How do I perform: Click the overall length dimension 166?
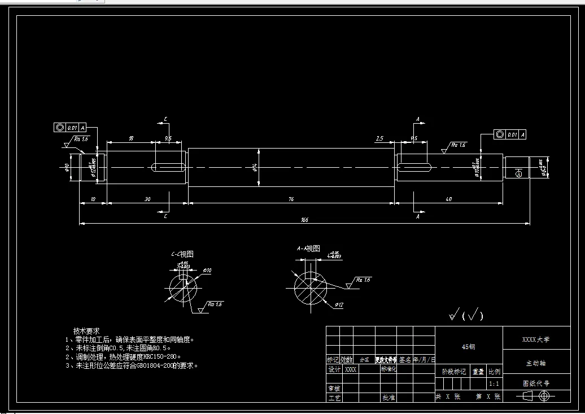pyautogui.click(x=304, y=219)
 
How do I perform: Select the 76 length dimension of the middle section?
pyautogui.click(x=291, y=199)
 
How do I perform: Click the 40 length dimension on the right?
pyautogui.click(x=448, y=199)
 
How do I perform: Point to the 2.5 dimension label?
pyautogui.click(x=379, y=138)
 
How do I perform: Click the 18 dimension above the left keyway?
pyautogui.click(x=131, y=138)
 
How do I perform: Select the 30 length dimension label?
pyautogui.click(x=147, y=199)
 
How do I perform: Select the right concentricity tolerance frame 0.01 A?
pyautogui.click(x=510, y=134)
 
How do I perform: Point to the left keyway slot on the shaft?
pyautogui.click(x=168, y=167)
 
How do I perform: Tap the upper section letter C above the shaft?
pyautogui.click(x=165, y=119)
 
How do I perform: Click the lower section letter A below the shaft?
pyautogui.click(x=417, y=216)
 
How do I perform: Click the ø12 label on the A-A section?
pyautogui.click(x=339, y=304)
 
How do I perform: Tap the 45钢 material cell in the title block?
pyautogui.click(x=468, y=347)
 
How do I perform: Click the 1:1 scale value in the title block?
pyautogui.click(x=494, y=384)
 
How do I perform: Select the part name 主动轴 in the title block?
pyautogui.click(x=536, y=363)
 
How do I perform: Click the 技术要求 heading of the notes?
pyautogui.click(x=86, y=330)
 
